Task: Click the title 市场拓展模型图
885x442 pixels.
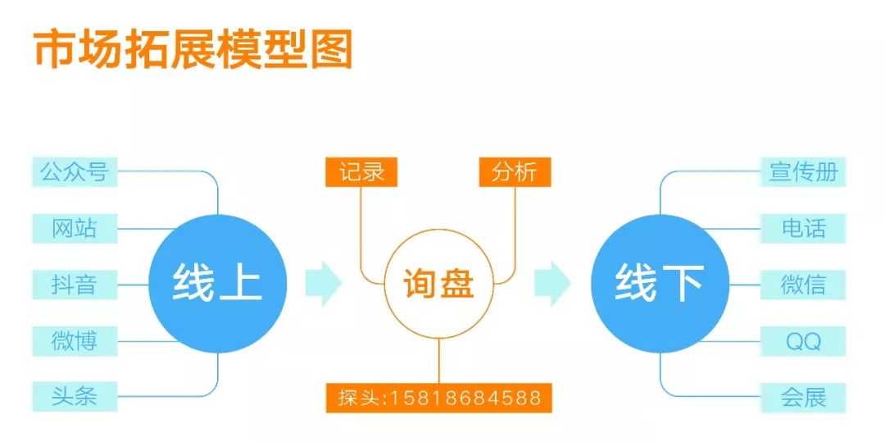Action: click(x=193, y=51)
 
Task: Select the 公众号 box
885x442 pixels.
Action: click(x=75, y=172)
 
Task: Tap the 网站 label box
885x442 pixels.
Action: click(x=75, y=228)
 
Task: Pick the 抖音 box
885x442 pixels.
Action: click(x=75, y=285)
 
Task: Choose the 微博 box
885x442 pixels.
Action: click(x=75, y=340)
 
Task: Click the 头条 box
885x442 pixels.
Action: click(x=75, y=397)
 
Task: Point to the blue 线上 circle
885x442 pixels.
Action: click(x=218, y=284)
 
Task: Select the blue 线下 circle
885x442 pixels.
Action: click(x=660, y=284)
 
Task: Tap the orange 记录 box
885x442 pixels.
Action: click(x=361, y=172)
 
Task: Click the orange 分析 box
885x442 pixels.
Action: click(x=515, y=172)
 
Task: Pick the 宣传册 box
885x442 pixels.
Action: click(x=803, y=172)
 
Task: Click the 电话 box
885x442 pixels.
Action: click(x=803, y=228)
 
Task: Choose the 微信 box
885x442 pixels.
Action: click(x=803, y=285)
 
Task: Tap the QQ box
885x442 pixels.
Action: click(x=803, y=341)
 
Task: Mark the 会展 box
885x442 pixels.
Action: click(x=803, y=398)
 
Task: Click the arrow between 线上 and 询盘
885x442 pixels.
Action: click(x=323, y=284)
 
